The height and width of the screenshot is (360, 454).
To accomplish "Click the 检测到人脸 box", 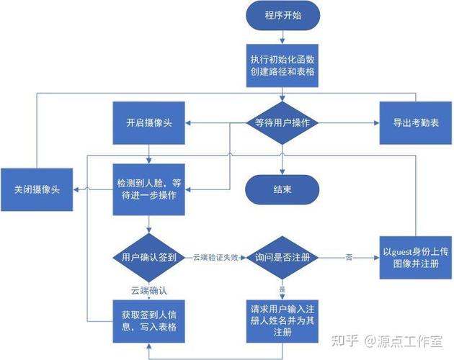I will (149, 189).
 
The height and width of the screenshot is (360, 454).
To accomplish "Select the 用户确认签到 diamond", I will (149, 257).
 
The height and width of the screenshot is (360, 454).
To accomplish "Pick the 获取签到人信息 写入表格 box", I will (149, 320).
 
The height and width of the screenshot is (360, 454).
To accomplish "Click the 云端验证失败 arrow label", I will (215, 257).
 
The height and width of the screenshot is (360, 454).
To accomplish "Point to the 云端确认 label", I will (148, 290).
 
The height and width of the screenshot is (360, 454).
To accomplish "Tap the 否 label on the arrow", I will (349, 257).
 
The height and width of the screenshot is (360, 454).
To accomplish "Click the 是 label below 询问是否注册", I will (282, 289).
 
